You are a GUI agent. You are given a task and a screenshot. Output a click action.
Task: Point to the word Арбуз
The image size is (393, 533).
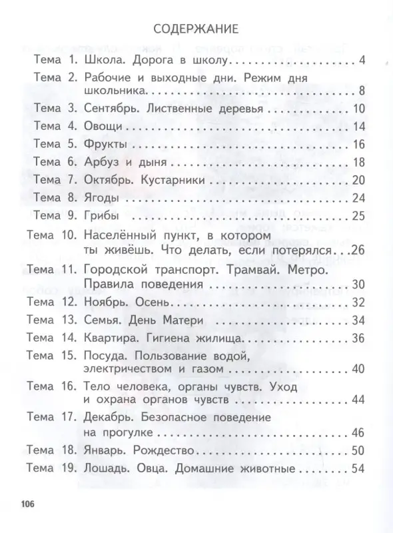pyautogui.click(x=102, y=162)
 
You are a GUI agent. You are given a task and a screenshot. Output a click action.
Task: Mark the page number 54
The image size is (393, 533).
pyautogui.click(x=358, y=468)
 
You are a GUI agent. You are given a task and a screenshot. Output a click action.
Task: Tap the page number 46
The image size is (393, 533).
pyautogui.click(x=358, y=432)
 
